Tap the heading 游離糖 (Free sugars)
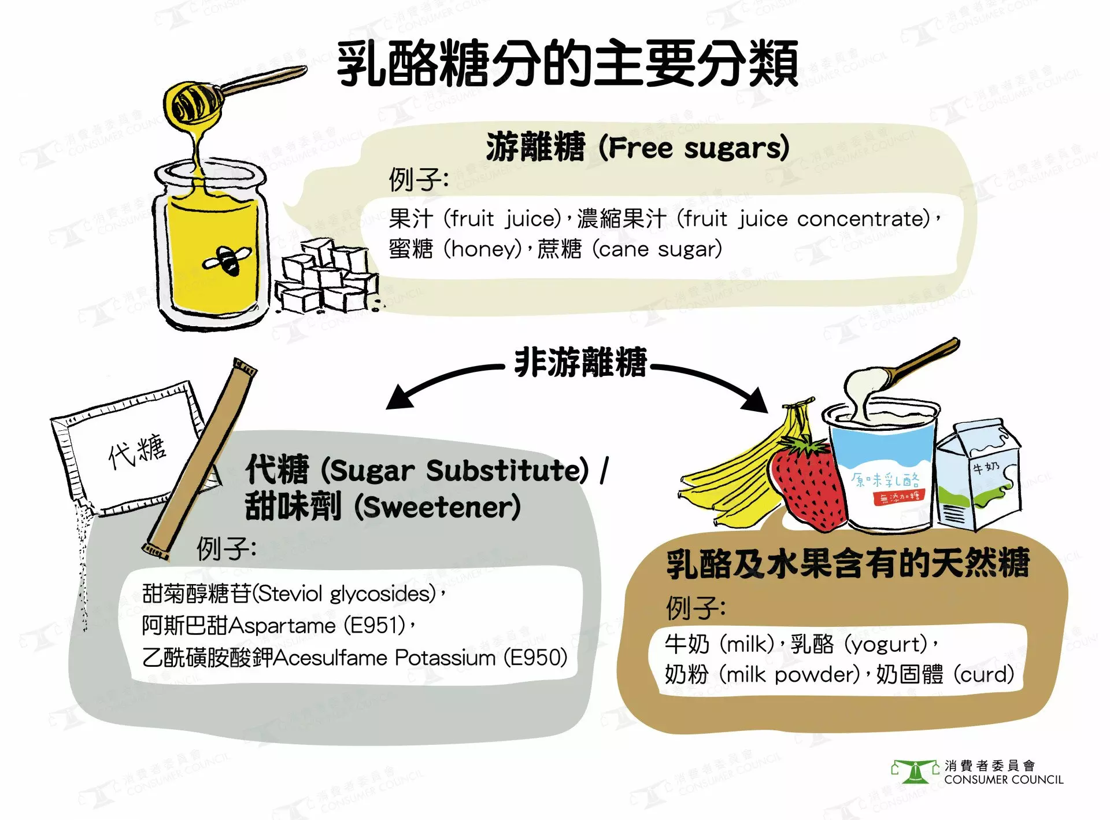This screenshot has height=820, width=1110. point(637,147)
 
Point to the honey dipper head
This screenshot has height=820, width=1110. point(191,104)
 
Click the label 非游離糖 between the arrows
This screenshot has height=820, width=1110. point(580,363)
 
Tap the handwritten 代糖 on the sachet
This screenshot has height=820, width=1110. point(137,450)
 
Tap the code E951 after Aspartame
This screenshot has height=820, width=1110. point(375,626)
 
